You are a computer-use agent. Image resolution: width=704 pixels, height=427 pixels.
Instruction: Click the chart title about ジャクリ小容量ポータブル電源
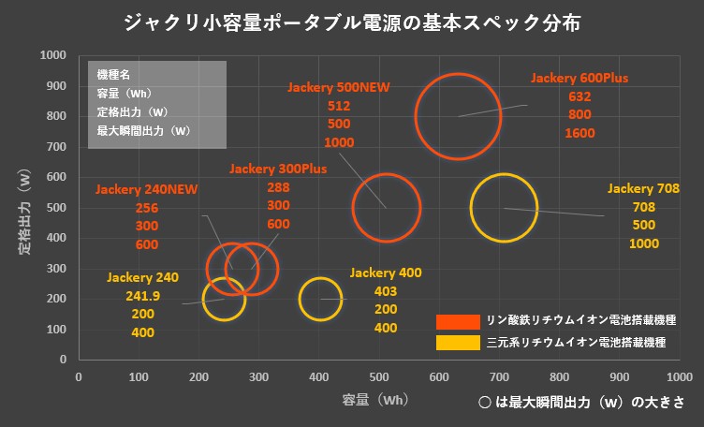point(351,22)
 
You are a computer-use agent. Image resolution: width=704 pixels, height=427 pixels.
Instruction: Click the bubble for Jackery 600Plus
point(458,116)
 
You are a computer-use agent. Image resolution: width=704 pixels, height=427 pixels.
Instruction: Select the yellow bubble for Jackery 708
point(504,208)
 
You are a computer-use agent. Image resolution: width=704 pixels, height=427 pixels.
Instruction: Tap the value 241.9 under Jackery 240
point(143,296)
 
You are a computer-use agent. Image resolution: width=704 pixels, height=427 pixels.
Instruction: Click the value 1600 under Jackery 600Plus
point(579,133)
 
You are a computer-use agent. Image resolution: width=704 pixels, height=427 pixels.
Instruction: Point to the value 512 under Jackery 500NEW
point(339,106)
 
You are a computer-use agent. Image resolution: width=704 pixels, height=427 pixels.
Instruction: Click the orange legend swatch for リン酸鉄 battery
point(458,320)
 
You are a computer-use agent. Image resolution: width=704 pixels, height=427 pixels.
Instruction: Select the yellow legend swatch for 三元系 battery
point(458,343)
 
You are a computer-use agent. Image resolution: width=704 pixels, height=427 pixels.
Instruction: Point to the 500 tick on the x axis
point(379,375)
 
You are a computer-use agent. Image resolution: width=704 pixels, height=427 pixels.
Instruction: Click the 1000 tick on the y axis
point(52,55)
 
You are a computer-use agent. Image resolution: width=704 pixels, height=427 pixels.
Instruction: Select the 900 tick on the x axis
point(620,375)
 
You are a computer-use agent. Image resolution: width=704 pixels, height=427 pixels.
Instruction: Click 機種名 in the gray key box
point(113,74)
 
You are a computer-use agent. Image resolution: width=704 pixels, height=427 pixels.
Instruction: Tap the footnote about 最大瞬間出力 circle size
point(577,401)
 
